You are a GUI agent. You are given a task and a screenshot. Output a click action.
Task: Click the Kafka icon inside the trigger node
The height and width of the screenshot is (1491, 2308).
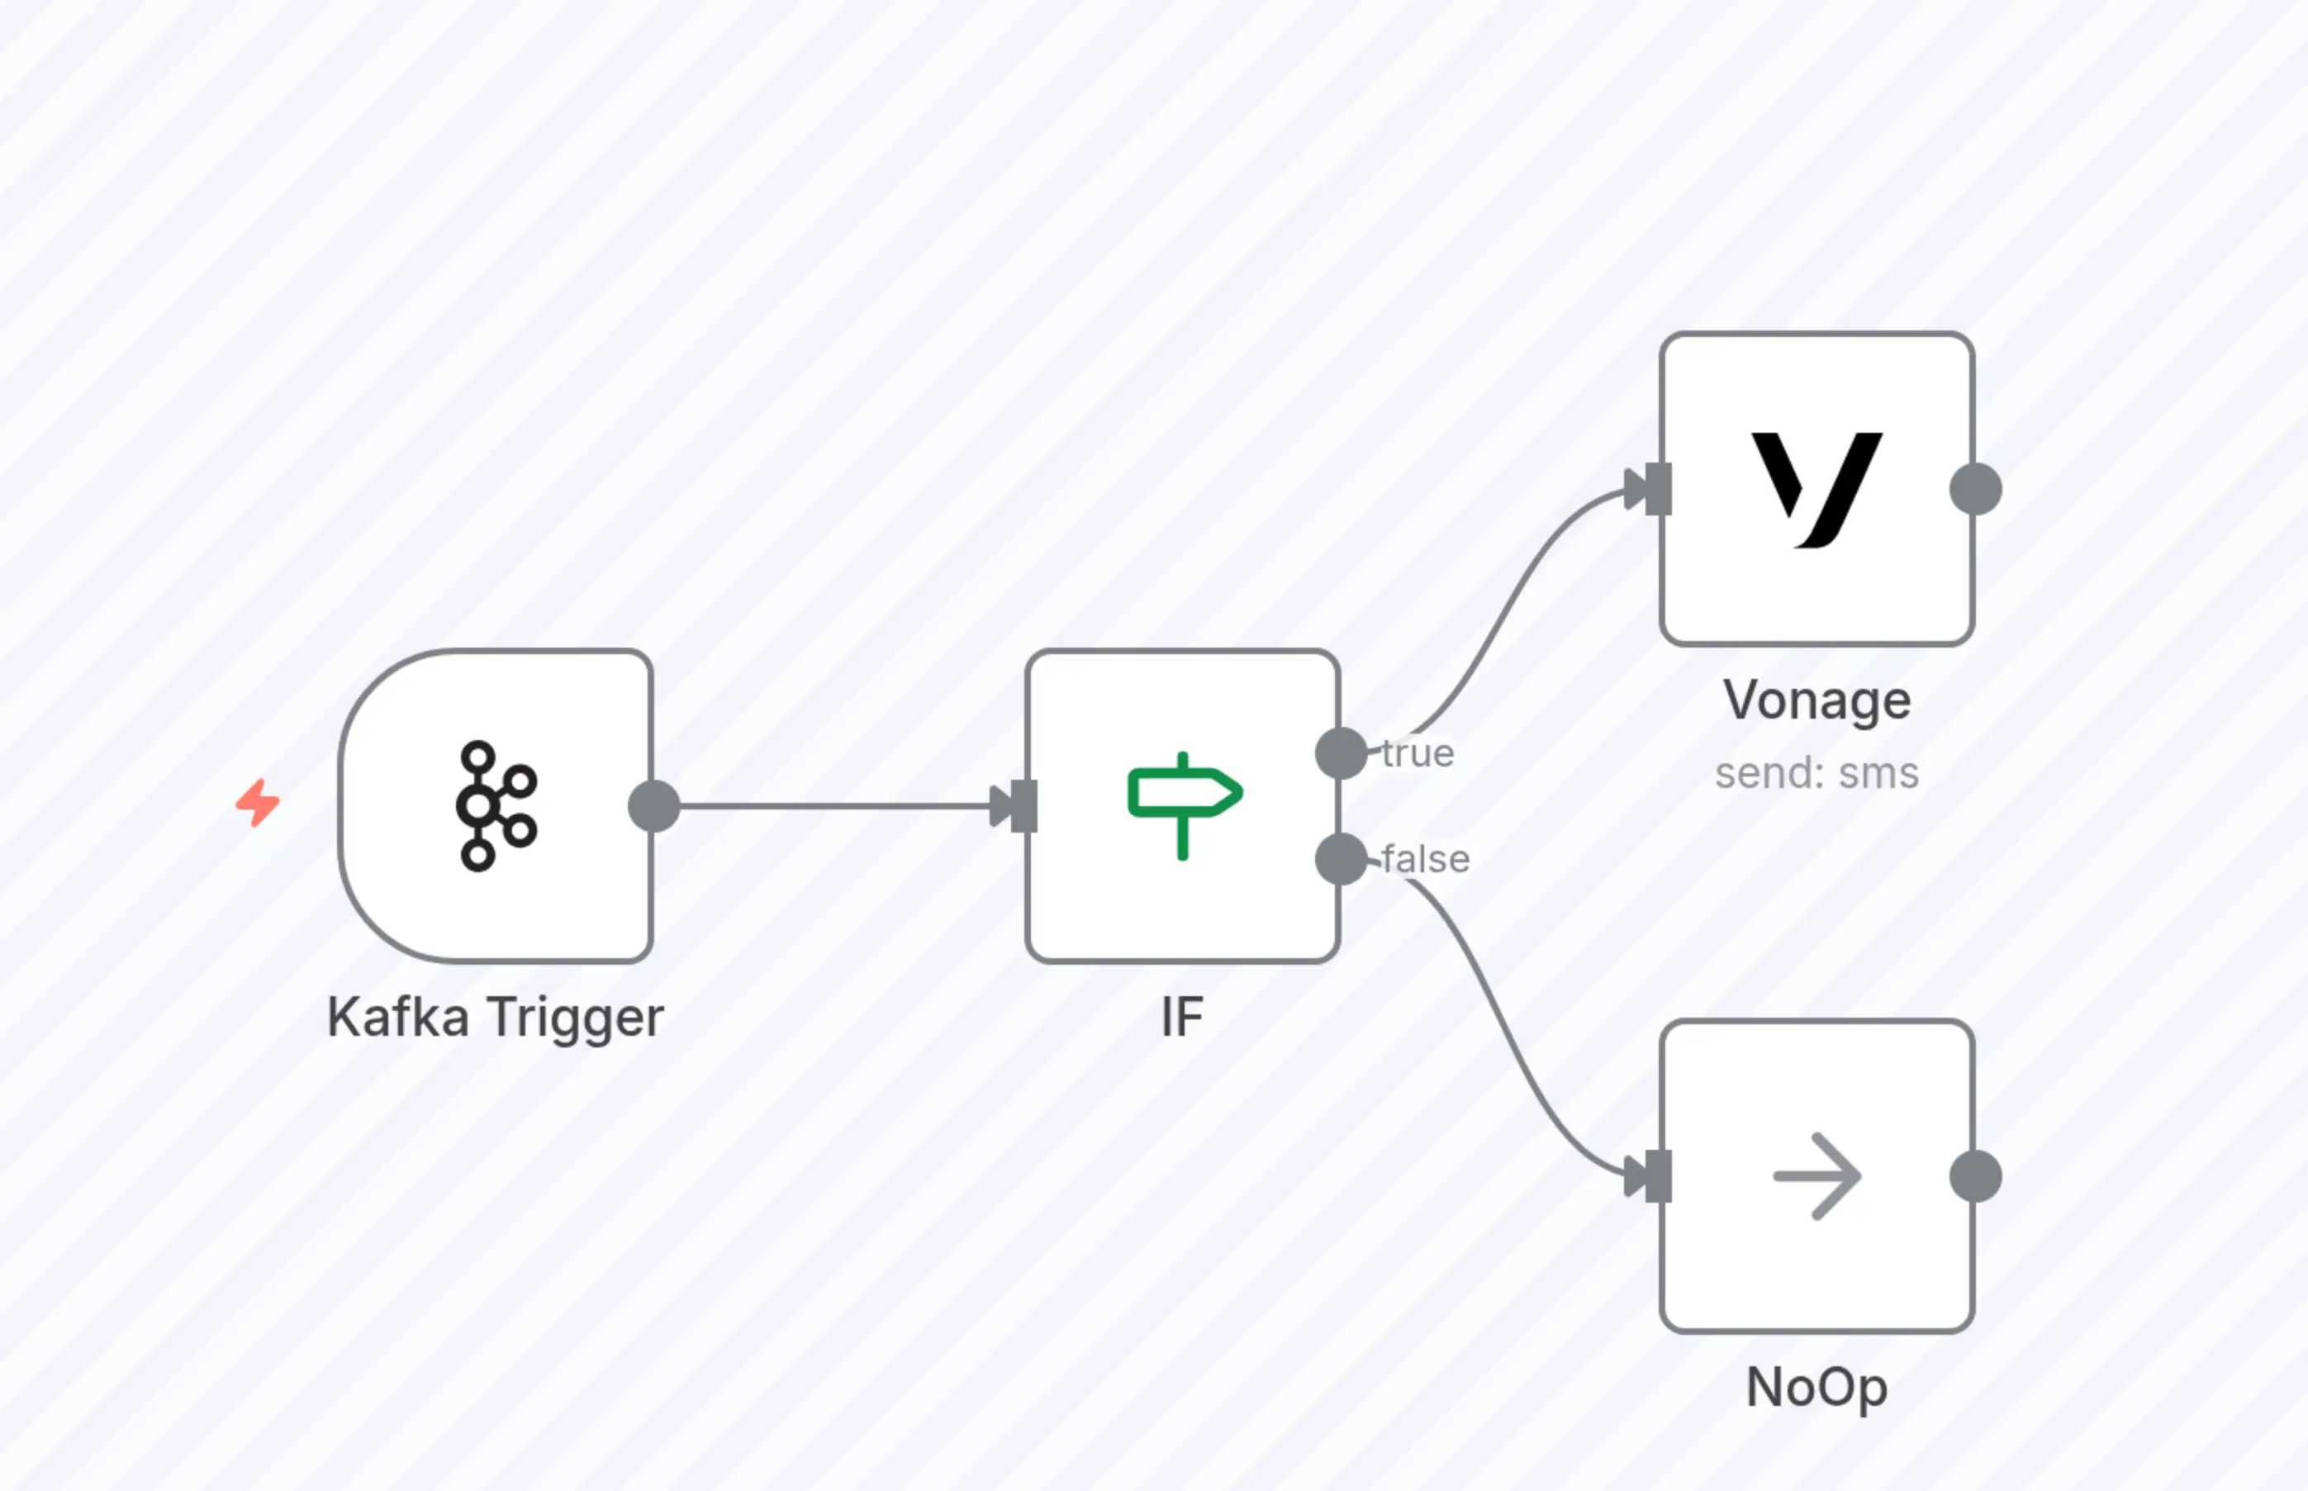[x=496, y=805]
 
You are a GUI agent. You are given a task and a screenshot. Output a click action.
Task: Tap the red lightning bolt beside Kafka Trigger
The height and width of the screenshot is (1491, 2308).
[x=258, y=803]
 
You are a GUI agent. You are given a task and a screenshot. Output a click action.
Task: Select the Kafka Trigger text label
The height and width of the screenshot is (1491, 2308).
[x=496, y=1018]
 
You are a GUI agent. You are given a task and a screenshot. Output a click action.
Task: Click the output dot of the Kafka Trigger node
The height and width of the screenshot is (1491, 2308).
[x=653, y=805]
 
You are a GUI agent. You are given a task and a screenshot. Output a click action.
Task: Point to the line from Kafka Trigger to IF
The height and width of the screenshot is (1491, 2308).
[x=833, y=805]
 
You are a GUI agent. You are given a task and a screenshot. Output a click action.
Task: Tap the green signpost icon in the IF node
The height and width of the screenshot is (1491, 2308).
[x=1183, y=804]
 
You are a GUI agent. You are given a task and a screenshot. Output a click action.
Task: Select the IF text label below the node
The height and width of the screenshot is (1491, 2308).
[x=1182, y=1018]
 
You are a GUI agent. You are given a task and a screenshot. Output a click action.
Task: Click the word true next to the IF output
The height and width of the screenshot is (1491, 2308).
[x=1418, y=753]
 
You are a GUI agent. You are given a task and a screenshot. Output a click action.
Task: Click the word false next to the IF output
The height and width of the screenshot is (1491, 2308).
[x=1425, y=859]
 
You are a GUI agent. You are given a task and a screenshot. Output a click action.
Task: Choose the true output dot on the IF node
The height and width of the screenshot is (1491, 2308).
[x=1341, y=753]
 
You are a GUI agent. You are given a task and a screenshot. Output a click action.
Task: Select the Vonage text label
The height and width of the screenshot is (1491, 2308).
[x=1816, y=700]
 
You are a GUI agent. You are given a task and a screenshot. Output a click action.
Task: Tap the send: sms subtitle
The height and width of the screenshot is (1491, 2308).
[x=1816, y=773]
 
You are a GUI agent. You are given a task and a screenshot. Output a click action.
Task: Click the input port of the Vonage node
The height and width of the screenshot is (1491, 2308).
[x=1656, y=489]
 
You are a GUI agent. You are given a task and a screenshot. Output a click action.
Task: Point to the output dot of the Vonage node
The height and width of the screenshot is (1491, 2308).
[x=1975, y=489]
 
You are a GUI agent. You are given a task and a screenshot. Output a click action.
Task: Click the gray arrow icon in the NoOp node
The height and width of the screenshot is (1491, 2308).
[x=1816, y=1176]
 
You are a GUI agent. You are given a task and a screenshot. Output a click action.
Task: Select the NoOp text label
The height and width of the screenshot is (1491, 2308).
[x=1816, y=1388]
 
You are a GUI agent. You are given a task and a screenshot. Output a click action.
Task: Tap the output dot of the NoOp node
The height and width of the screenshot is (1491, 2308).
[x=1975, y=1176]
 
